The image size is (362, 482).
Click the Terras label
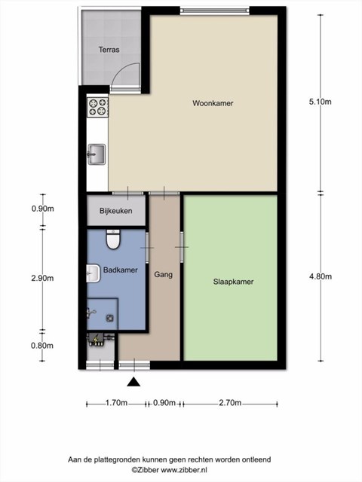[x=109, y=50]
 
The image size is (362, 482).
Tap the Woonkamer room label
[x=213, y=103]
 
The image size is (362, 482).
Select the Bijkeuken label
[x=115, y=211]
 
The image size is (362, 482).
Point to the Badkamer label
[x=121, y=270]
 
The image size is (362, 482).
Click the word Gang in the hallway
[x=163, y=274]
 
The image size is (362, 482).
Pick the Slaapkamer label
[x=233, y=282]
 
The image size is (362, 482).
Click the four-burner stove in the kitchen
[x=97, y=107]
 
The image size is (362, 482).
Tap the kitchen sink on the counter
[x=97, y=154]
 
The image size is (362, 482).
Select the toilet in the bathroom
[x=113, y=239]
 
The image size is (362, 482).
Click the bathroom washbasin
[x=94, y=273]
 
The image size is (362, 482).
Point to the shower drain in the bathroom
[x=110, y=318]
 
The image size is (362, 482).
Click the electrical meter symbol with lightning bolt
[x=97, y=340]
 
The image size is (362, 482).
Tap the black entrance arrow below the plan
[x=133, y=382]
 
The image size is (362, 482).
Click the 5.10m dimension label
[x=320, y=102]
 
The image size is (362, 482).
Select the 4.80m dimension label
[x=321, y=276]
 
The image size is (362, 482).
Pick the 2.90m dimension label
[x=42, y=278]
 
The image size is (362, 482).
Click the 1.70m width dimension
[x=116, y=403]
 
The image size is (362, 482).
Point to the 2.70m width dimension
[x=230, y=403]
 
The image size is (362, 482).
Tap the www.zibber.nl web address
[x=184, y=470]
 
